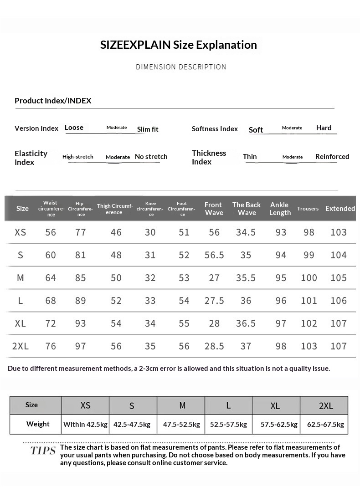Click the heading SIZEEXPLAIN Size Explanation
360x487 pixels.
[179, 45]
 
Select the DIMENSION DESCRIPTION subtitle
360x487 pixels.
[181, 67]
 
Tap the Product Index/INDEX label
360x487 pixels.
[53, 101]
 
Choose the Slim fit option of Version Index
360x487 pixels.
[148, 129]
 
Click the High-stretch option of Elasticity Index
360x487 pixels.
[78, 157]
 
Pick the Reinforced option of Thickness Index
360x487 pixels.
[332, 157]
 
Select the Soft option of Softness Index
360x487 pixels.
[256, 130]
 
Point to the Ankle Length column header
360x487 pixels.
[280, 209]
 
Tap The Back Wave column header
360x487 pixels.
[247, 209]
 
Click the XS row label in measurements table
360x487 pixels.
[21, 232]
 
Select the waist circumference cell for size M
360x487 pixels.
[51, 278]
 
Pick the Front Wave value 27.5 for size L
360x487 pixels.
[214, 301]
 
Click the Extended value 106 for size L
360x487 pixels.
[339, 301]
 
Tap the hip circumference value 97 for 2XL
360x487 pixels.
[81, 346]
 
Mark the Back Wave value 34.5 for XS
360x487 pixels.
[246, 232]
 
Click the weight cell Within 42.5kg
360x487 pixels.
[85, 425]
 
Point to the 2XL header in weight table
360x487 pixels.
[326, 405]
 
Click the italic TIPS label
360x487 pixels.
[43, 451]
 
